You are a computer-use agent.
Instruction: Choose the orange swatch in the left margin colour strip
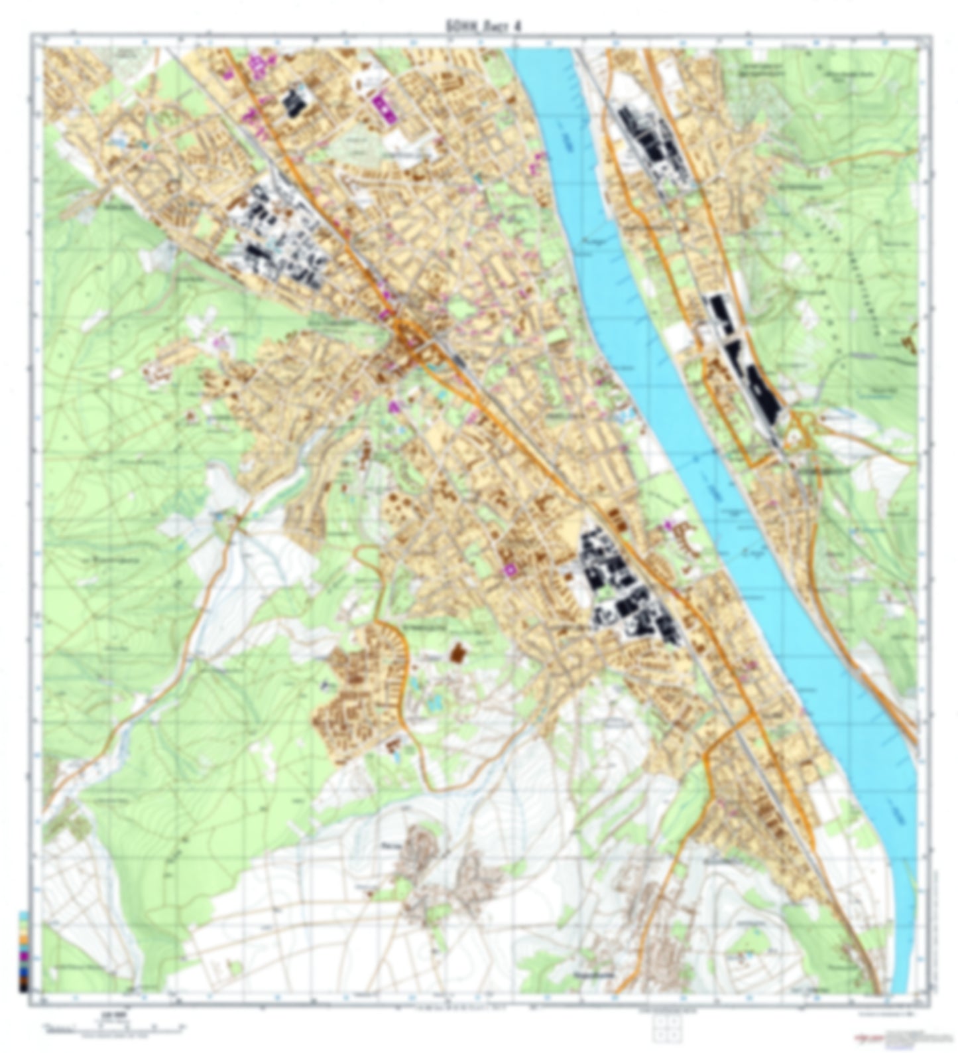point(25,938)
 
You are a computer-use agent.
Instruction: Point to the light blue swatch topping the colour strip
point(25,916)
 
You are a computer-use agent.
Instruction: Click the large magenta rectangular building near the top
point(383,108)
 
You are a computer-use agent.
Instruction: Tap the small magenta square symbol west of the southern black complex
point(510,569)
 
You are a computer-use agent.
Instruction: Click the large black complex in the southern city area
point(623,587)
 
